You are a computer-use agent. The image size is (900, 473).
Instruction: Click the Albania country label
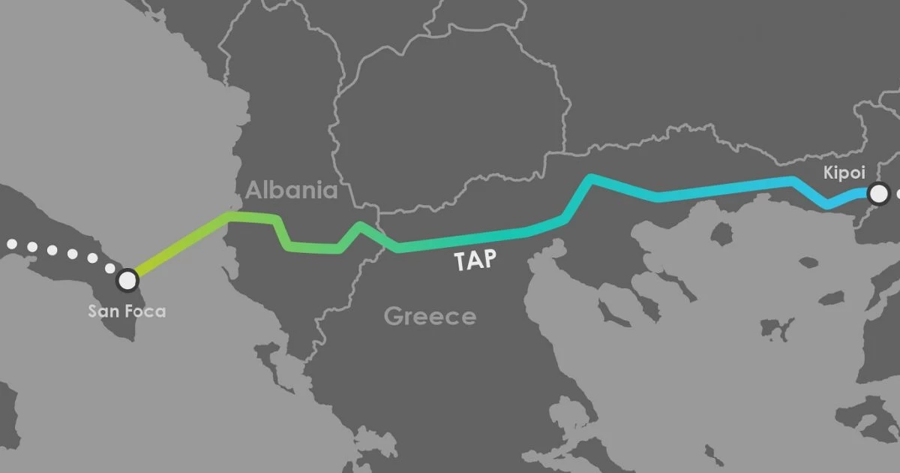[291, 189]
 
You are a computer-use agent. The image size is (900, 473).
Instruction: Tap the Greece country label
[430, 316]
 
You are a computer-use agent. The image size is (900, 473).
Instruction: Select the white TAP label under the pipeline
[475, 261]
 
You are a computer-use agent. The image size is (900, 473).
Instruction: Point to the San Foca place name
[127, 309]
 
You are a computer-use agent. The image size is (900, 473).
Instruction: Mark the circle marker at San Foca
[128, 280]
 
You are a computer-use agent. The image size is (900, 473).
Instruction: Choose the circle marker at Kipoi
[877, 194]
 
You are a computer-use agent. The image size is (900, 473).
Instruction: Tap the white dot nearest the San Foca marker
[110, 268]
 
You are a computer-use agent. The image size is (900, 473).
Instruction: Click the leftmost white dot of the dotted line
[11, 244]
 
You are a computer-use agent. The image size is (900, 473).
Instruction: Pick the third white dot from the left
[52, 250]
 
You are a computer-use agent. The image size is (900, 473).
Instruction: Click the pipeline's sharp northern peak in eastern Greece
[592, 178]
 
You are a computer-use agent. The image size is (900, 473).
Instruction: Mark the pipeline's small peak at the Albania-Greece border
[361, 225]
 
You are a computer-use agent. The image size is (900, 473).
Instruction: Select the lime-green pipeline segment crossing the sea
[180, 244]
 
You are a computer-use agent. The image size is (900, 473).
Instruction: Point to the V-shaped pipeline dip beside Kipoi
[828, 204]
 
